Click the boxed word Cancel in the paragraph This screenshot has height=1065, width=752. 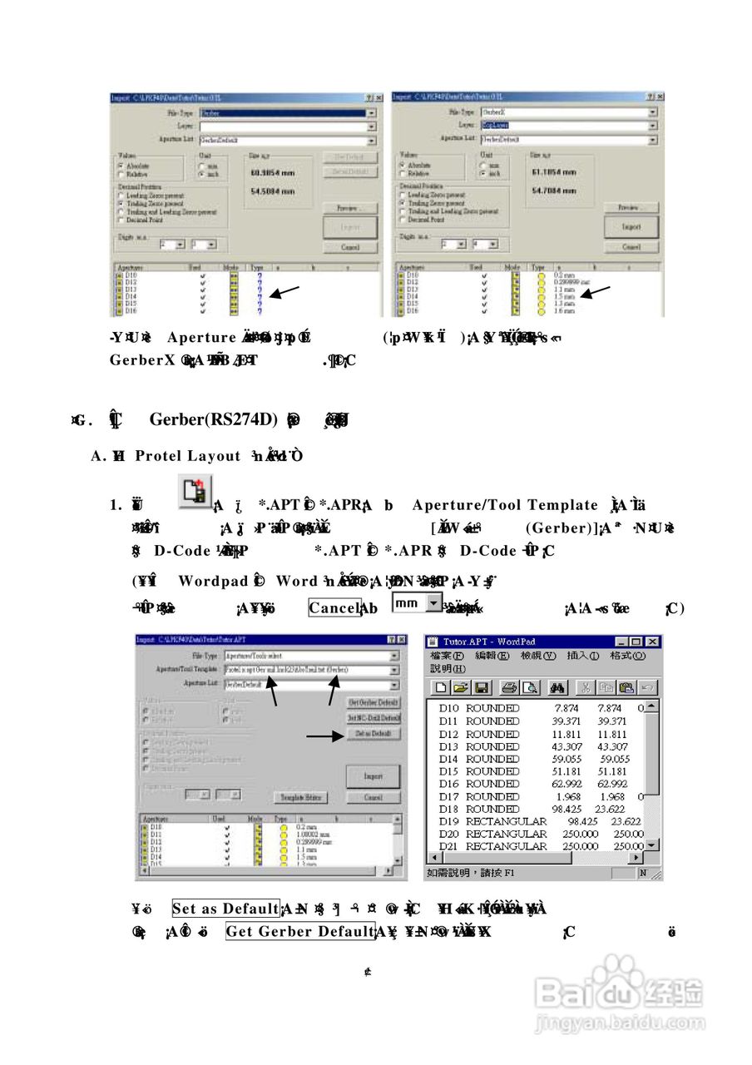click(x=334, y=608)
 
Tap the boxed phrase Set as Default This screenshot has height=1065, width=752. click(x=225, y=909)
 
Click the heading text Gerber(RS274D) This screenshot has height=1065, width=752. click(x=213, y=419)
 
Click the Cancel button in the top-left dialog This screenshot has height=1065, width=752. click(x=350, y=247)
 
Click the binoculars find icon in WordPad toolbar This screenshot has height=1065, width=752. click(x=557, y=688)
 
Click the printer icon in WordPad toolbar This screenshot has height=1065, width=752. click(x=508, y=688)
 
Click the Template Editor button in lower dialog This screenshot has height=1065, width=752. click(x=301, y=797)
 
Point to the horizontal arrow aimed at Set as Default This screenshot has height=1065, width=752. click(x=324, y=736)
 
